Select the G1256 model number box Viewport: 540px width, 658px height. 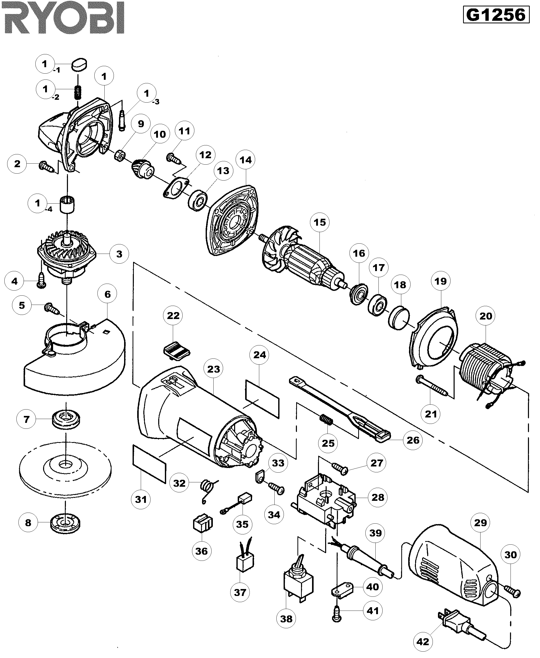[x=496, y=15]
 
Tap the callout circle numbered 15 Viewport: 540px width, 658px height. [x=319, y=222]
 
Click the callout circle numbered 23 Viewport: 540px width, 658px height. [x=213, y=369]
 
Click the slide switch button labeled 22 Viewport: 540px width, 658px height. [x=176, y=350]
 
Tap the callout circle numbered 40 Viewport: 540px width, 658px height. [x=373, y=587]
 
